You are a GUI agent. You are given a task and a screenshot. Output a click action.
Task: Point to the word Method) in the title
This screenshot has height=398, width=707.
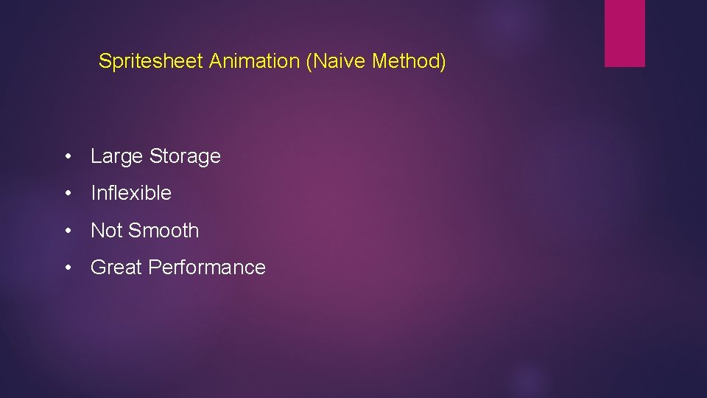[409, 61]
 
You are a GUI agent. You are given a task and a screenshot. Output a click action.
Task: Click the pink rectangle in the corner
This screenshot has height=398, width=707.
[625, 33]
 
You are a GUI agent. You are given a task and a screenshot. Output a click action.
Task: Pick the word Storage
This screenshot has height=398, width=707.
[185, 156]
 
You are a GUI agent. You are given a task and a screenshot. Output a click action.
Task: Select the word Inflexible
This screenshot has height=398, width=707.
[131, 193]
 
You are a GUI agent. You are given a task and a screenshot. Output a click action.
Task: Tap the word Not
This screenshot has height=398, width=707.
[106, 231]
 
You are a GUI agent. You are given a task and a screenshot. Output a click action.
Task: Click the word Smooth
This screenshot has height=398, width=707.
[163, 231]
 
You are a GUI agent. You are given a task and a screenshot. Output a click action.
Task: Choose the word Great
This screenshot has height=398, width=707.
[116, 268]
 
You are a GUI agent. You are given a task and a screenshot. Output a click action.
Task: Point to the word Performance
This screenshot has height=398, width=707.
[207, 268]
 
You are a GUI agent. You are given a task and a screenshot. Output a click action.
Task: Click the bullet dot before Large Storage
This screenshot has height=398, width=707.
[68, 157]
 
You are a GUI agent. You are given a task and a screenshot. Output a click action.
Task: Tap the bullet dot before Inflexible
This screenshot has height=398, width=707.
[68, 194]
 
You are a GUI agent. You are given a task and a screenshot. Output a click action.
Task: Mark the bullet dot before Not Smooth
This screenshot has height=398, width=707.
[68, 231]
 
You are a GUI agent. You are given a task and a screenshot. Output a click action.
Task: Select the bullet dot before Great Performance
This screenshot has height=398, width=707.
[68, 268]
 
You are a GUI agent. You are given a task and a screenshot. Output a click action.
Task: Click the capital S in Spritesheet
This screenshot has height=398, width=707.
[105, 61]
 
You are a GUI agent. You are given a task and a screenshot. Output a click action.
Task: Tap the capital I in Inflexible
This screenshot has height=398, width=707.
[93, 193]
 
